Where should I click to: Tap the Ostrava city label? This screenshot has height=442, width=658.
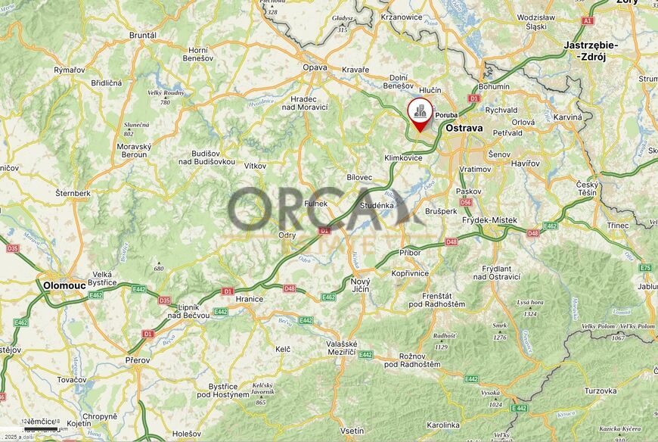point(464,128)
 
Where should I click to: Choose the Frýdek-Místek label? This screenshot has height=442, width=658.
point(489,220)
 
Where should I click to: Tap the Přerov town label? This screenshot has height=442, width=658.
point(138,360)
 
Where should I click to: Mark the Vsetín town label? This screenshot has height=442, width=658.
point(352,431)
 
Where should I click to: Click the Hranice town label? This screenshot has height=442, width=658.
point(249,299)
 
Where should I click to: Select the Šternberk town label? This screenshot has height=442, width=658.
point(73,193)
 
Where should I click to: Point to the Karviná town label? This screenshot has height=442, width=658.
point(568,117)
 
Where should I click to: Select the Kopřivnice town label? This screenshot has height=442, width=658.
point(411,272)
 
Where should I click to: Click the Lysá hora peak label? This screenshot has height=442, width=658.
point(530,302)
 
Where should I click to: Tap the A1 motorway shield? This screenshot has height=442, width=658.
point(588,20)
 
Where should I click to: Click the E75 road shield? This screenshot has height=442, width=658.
point(644,268)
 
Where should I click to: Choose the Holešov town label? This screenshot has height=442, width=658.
point(186,434)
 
